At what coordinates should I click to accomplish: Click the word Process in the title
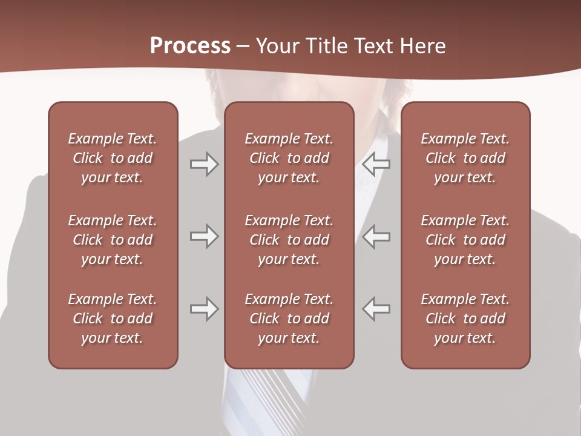190,46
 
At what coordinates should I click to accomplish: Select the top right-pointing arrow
204,164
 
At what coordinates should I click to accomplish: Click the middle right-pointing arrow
204,236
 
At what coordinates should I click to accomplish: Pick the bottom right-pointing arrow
204,309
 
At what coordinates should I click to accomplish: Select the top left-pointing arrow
376,164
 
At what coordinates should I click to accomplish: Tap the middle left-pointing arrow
376,236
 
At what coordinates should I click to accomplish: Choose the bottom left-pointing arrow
376,309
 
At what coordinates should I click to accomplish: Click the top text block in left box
113,158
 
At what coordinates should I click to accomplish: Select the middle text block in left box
113,240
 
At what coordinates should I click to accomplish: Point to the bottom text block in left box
113,319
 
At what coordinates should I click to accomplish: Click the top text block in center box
289,158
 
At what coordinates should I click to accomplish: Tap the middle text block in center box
289,240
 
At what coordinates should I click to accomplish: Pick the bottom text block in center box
289,319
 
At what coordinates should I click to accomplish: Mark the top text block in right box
465,158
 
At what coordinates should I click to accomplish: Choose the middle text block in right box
465,240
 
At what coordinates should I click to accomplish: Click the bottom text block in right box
465,319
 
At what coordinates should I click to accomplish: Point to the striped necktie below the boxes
272,400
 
